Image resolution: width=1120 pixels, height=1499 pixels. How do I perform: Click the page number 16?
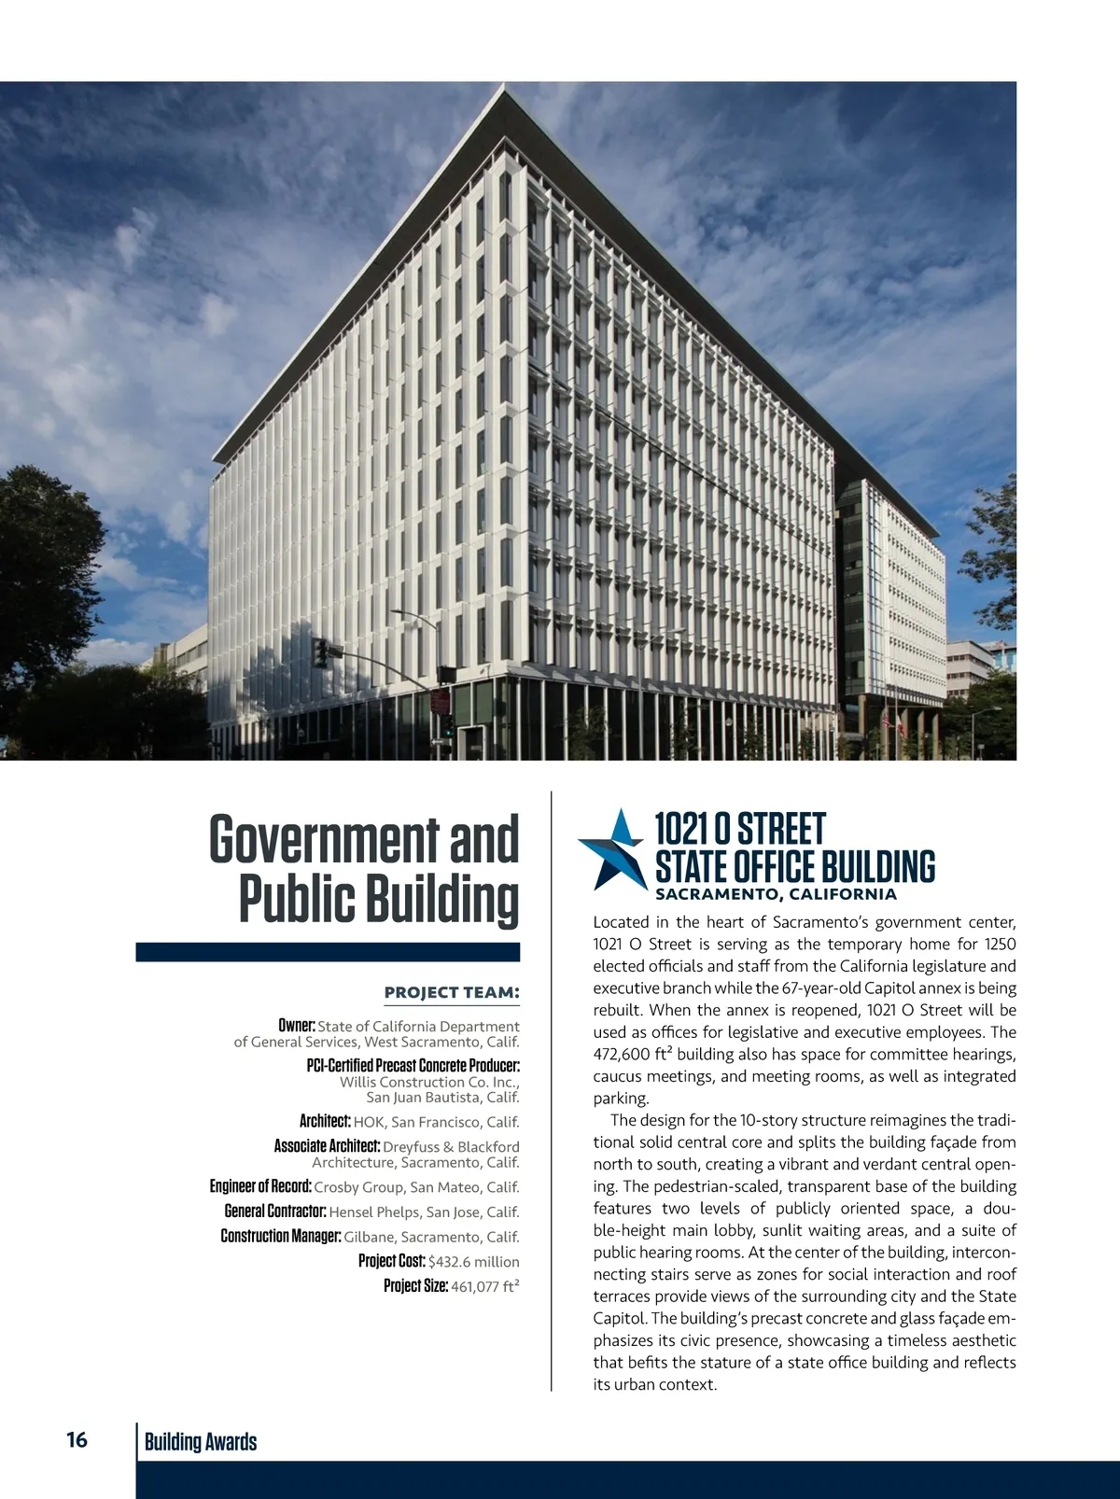[77, 1440]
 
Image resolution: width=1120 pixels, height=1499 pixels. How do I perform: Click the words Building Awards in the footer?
[201, 1442]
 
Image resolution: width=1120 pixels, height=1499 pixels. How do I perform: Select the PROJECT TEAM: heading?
[452, 992]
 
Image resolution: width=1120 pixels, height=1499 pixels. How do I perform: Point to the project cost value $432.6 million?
[474, 1261]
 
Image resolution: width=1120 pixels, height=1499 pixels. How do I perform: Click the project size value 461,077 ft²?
[485, 1286]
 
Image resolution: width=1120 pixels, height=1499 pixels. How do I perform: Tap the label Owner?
[297, 1026]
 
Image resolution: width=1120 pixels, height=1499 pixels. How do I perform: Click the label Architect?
[325, 1121]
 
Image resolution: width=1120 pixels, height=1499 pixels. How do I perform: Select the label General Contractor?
[275, 1212]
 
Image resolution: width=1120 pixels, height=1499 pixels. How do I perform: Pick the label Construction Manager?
[281, 1237]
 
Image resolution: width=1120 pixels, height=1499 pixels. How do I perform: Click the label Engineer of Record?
[260, 1186]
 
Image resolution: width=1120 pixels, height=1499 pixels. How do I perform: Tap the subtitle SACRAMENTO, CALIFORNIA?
[776, 894]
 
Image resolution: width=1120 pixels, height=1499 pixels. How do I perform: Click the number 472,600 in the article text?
[622, 1055]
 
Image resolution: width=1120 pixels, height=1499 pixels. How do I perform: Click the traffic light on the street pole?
[321, 652]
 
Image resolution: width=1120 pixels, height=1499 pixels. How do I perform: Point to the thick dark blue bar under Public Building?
[328, 952]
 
